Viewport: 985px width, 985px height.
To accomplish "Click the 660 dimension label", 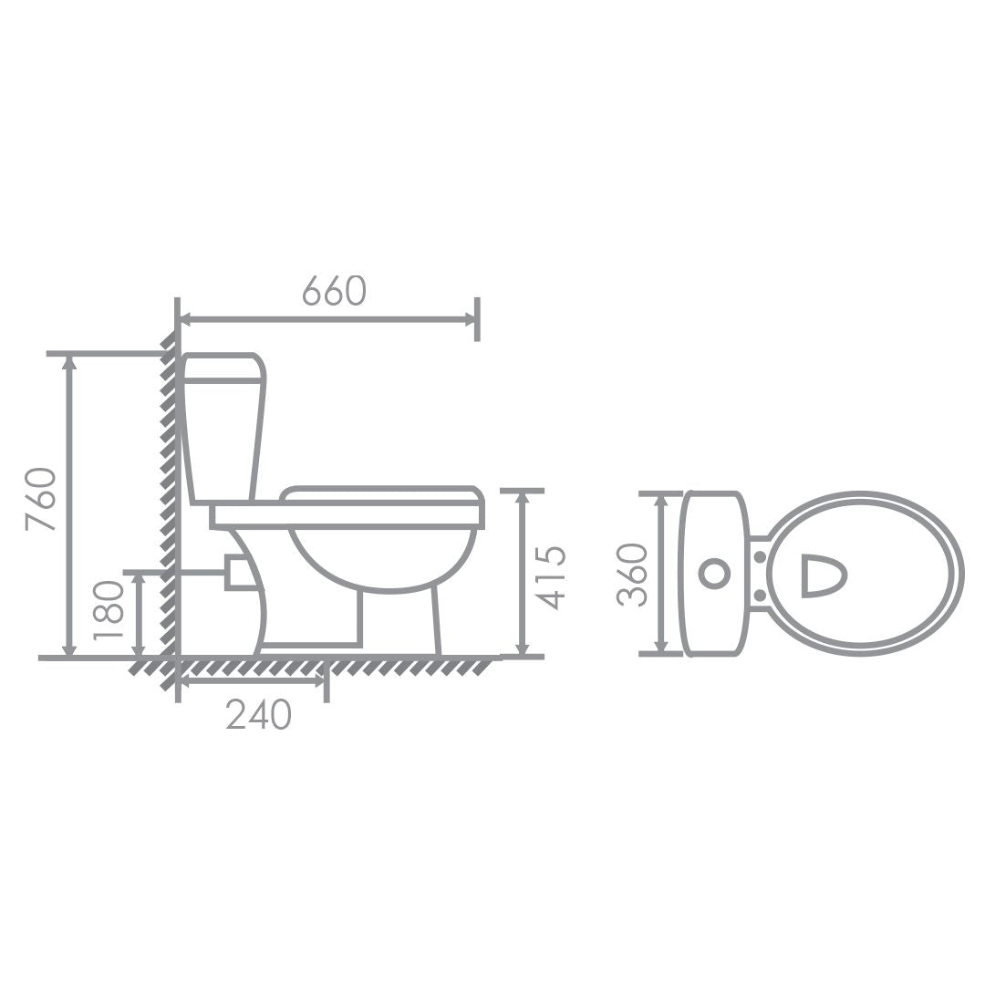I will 334,290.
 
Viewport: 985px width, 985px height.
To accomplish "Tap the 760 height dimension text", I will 41,499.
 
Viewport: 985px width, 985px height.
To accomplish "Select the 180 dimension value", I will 109,608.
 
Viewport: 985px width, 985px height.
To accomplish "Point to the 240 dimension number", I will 258,715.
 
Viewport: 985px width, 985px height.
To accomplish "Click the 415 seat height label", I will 550,577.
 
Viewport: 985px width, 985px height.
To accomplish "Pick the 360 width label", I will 632,575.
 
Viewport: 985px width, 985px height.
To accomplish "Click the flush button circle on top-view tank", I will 713,574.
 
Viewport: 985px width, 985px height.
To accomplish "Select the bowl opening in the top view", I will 824,575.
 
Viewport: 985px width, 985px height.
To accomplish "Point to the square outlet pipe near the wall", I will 239,573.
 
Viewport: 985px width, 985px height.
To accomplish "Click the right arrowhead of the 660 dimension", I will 470,319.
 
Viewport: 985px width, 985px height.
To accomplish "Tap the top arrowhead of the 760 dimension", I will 68,362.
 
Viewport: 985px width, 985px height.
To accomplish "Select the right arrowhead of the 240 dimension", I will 318,681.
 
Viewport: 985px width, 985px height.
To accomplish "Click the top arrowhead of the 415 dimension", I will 522,498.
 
